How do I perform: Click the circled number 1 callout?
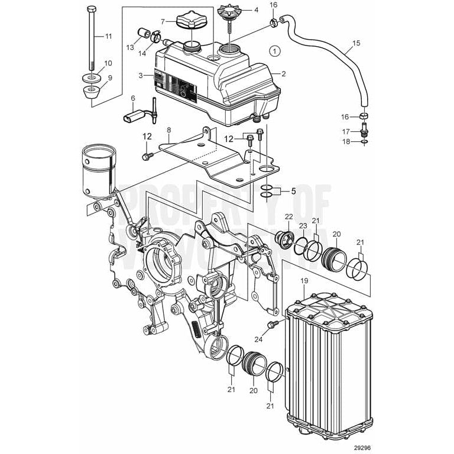click(275, 51)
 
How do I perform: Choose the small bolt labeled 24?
click(273, 325)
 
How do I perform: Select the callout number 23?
click(303, 225)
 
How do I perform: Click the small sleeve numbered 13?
click(144, 31)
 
